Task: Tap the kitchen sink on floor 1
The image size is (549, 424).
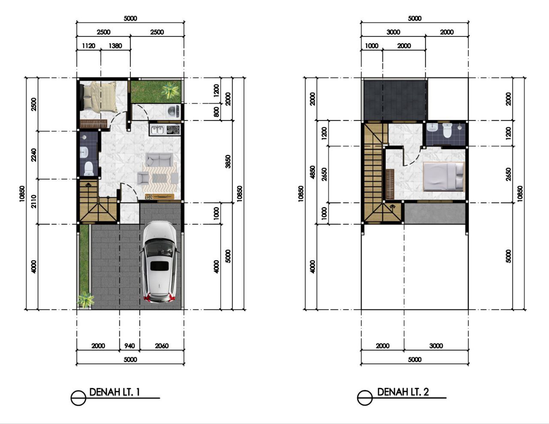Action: point(157,130)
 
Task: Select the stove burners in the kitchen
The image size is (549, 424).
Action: point(173,130)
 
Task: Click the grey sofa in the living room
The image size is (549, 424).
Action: point(160,159)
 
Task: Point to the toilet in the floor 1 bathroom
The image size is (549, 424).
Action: point(88,169)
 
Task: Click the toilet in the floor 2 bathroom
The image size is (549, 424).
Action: point(447,131)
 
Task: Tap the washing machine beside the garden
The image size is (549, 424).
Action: point(174,111)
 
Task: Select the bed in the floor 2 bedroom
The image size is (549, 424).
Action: point(444,176)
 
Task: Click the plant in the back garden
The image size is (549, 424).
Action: point(169,91)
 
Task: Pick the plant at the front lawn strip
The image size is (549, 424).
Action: point(85,300)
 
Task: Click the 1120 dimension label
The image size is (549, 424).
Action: point(88,46)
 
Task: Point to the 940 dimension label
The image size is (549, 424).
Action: point(130,346)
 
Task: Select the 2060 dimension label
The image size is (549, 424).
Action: point(162,346)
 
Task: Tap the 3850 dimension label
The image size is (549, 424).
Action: point(228,162)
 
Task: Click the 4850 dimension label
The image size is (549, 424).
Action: point(313,172)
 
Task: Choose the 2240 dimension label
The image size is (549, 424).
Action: point(33,155)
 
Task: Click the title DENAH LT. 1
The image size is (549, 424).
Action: point(115,392)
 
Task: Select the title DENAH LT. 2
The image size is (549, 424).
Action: point(403,392)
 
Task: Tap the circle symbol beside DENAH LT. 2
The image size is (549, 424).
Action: point(365,398)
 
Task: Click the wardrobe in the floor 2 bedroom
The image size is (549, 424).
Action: point(390,184)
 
